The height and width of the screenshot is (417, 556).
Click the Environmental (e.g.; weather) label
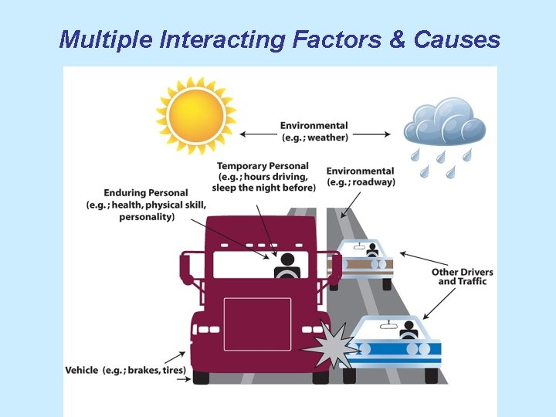coord(314,131)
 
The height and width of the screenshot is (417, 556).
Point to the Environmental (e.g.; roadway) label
coord(360,176)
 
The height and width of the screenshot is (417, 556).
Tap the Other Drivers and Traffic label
coord(462,276)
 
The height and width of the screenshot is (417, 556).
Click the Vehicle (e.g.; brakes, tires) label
coord(125,370)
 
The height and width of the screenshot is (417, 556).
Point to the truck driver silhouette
coord(287,266)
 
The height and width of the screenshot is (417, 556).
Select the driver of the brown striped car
coord(372,250)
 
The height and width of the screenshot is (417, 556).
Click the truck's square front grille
coord(257,324)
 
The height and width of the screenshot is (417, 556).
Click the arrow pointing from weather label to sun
coord(256,134)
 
